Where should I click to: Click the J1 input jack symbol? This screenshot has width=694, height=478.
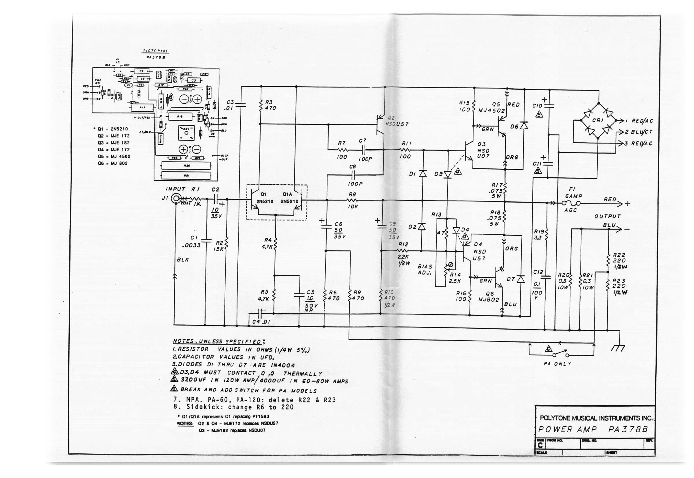pyautogui.click(x=176, y=198)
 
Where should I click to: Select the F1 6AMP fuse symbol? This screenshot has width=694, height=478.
pyautogui.click(x=571, y=204)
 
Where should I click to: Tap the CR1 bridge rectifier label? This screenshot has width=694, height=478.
pyautogui.click(x=598, y=120)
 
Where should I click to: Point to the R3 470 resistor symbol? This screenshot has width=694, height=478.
pyautogui.click(x=261, y=105)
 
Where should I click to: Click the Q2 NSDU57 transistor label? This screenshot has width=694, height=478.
pyautogui.click(x=396, y=121)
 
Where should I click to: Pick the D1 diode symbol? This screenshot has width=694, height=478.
pyautogui.click(x=422, y=173)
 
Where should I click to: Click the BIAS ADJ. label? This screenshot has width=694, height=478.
pyautogui.click(x=425, y=269)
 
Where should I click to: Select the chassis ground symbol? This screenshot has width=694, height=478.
pyautogui.click(x=618, y=348)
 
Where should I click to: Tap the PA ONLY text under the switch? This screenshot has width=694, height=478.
pyautogui.click(x=557, y=364)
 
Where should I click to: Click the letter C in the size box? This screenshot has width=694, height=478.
pyautogui.click(x=540, y=445)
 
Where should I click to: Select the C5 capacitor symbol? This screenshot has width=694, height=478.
pyautogui.click(x=299, y=295)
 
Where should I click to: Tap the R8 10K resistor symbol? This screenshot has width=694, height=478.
pyautogui.click(x=352, y=200)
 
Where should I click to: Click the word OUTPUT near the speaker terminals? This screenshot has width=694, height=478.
pyautogui.click(x=607, y=216)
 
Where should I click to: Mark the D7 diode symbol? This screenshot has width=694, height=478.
pyautogui.click(x=521, y=279)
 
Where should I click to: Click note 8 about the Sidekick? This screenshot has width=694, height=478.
pyautogui.click(x=233, y=407)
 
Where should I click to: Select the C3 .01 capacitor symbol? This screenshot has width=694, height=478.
pyautogui.click(x=240, y=105)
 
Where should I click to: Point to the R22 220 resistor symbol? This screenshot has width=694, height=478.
pyautogui.click(x=608, y=260)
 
